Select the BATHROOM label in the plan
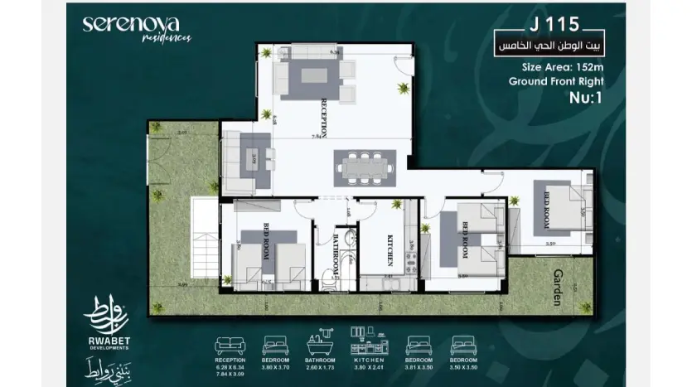336,258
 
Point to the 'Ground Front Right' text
555,81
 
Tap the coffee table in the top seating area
311,74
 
